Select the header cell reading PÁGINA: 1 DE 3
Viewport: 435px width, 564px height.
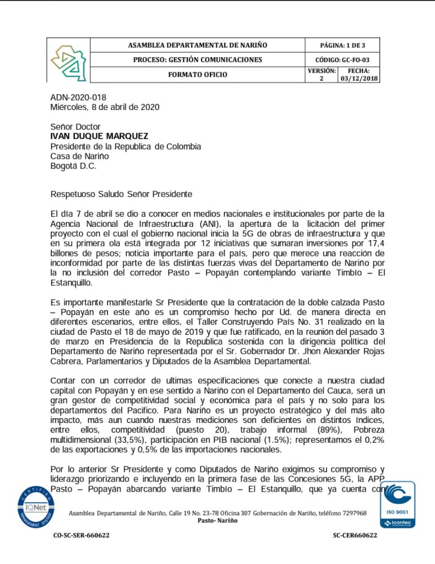(342, 45)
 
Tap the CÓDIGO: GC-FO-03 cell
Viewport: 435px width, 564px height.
(342, 59)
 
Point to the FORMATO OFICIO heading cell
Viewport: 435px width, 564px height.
(197, 74)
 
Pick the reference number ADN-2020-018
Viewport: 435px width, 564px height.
(78, 97)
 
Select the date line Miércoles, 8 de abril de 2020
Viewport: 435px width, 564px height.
(105, 107)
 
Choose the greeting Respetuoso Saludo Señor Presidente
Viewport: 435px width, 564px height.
(121, 194)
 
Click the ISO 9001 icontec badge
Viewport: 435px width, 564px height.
(398, 505)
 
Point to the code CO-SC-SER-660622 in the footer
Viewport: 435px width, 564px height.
(81, 535)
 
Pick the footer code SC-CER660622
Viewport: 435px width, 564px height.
(355, 535)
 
